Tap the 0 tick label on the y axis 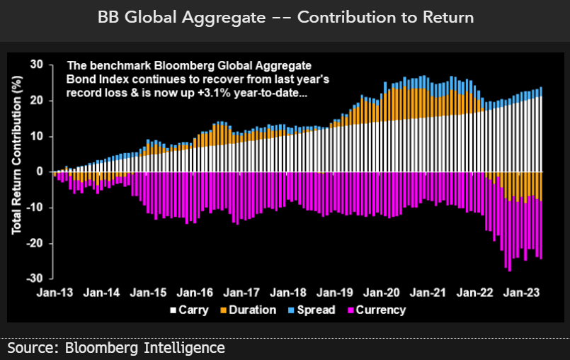point(41,171)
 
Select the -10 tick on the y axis point(35,208)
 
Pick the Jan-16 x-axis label point(195,291)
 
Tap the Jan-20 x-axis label point(382,291)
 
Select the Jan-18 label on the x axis point(288,291)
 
